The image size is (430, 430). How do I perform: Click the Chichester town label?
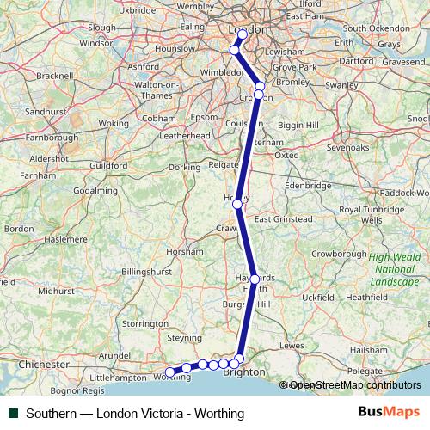44,365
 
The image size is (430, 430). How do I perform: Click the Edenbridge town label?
308,185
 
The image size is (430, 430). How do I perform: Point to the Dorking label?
183,167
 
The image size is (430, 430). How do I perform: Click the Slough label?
101,28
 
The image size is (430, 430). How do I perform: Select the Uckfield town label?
316,297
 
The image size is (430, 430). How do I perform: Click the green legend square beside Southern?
12,414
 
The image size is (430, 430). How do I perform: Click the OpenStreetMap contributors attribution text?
354,385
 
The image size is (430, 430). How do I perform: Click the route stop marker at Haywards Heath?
254,279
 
